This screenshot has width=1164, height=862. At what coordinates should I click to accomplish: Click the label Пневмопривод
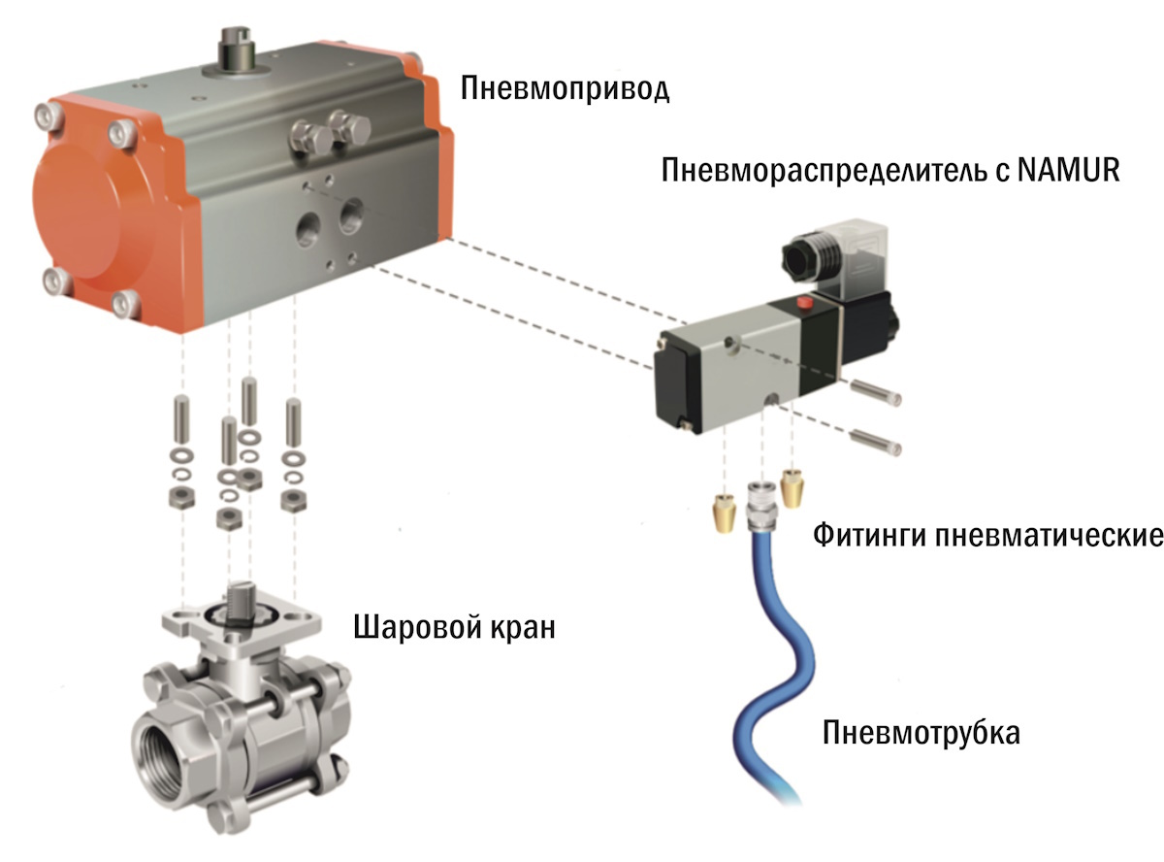565,89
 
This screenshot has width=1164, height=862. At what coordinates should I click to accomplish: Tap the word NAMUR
1069,170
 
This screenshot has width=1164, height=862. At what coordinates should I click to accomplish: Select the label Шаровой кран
454,628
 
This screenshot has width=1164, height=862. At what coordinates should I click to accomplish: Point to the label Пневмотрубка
921,733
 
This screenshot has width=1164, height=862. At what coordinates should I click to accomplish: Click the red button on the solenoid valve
804,303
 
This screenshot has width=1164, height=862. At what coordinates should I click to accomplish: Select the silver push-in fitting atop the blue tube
759,506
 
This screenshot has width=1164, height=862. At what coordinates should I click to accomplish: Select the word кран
523,629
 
